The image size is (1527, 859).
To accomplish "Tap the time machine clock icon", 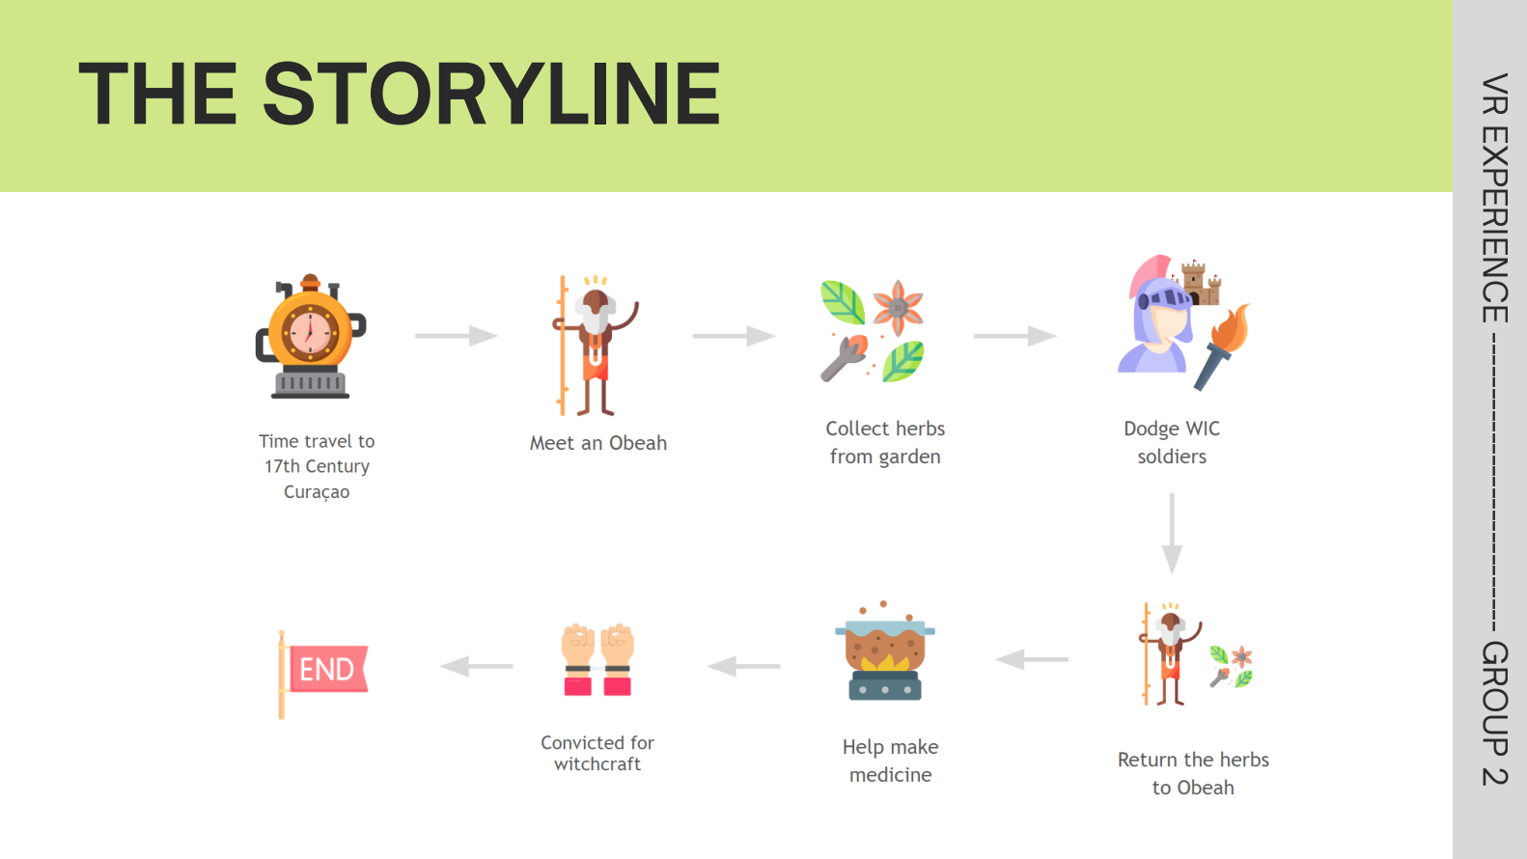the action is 310,336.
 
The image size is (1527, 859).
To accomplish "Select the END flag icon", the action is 324,672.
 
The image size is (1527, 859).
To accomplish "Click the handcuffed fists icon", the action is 597,659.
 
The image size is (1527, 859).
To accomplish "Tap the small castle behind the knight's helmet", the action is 1201,282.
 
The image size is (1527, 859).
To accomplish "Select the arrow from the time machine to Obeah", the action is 456,336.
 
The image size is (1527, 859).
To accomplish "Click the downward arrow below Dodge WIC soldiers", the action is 1172,533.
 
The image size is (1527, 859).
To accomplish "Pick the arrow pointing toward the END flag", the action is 477,666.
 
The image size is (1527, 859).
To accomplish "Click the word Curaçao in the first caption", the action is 317,492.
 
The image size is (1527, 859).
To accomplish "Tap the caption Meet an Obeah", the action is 598,443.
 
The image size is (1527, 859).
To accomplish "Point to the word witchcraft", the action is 597,764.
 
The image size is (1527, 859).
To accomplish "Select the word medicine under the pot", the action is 890,775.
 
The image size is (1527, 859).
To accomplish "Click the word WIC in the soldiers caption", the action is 1202,429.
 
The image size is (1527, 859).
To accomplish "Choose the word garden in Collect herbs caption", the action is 909,457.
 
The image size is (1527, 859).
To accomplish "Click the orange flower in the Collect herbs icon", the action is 898,307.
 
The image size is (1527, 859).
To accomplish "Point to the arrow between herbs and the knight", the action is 1014,336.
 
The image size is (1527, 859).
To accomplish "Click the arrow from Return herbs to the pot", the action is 1032,659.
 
